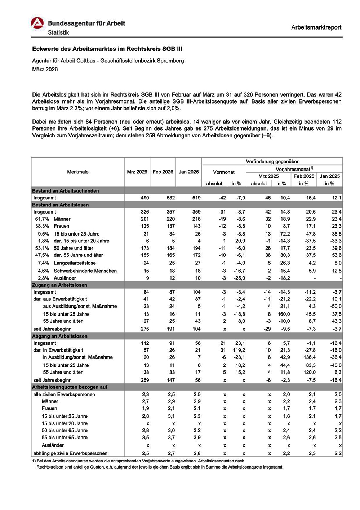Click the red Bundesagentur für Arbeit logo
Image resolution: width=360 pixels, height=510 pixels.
(37, 24)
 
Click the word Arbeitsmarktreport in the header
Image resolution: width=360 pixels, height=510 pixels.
(316, 27)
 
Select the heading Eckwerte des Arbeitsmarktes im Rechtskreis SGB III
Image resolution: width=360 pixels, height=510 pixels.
(110, 49)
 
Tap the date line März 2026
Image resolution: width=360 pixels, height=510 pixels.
(45, 69)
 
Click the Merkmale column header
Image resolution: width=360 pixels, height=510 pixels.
(78, 172)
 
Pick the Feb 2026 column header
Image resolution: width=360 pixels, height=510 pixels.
(163, 172)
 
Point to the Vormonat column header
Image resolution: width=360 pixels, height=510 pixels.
(224, 172)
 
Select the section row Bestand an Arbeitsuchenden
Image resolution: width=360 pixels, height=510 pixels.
(66, 191)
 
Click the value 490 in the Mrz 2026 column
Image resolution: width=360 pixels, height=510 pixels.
(145, 198)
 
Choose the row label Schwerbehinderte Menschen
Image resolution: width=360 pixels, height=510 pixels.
(85, 271)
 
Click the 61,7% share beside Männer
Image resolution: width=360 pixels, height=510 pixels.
(42, 219)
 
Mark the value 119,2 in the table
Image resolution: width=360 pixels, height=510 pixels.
(239, 350)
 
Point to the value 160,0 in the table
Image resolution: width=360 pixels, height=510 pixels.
(284, 314)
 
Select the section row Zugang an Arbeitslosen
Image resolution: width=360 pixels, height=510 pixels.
(60, 285)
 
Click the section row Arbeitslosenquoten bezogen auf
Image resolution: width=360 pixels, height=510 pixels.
(70, 387)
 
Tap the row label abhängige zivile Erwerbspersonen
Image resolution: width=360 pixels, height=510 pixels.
(70, 453)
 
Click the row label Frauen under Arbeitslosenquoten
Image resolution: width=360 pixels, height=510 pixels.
(49, 408)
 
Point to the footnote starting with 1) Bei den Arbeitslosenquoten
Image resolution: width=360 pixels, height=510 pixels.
(138, 461)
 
